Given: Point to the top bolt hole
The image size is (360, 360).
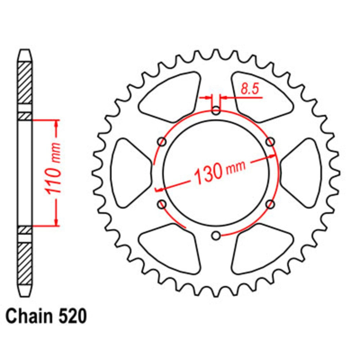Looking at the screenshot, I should coord(216,111).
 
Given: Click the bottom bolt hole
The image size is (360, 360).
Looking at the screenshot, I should coord(216,236).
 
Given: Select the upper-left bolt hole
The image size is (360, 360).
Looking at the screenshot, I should coord(162,142).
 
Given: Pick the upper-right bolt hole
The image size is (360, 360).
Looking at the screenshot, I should coord(270,142).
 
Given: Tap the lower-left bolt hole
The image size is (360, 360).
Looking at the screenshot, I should coord(162,204).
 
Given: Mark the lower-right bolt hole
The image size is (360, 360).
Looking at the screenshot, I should coord(270,204).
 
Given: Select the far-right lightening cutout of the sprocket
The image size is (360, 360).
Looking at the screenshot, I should coord(302,173).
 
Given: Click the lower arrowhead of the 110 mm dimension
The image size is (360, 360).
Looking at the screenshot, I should coord(57,222).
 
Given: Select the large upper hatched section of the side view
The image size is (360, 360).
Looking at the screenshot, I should coord(25,83).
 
